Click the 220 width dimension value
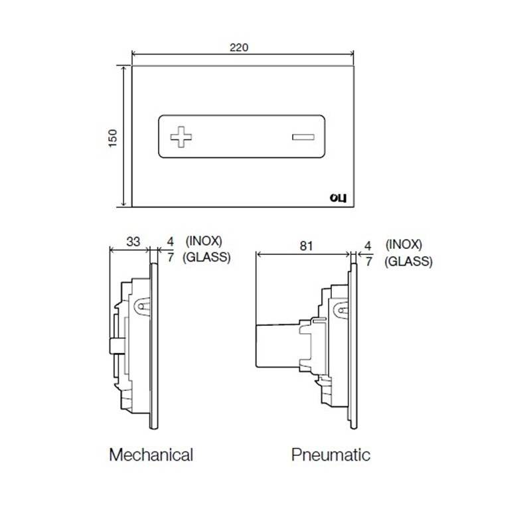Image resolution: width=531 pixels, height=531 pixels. [x=239, y=47]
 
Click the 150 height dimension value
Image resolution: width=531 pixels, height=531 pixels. [x=113, y=138]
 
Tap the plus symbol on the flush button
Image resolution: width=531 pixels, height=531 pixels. [x=181, y=137]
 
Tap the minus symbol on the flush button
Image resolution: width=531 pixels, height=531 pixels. [x=303, y=137]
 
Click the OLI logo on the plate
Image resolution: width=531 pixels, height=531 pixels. [x=338, y=198]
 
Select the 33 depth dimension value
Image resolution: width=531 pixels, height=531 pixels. [x=133, y=242]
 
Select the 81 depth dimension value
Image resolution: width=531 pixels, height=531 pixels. [x=306, y=246]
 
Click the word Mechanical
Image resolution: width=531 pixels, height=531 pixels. [x=151, y=455]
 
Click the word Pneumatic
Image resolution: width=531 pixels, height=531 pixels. [x=331, y=455]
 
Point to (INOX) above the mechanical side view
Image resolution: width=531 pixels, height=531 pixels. [x=204, y=241]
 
